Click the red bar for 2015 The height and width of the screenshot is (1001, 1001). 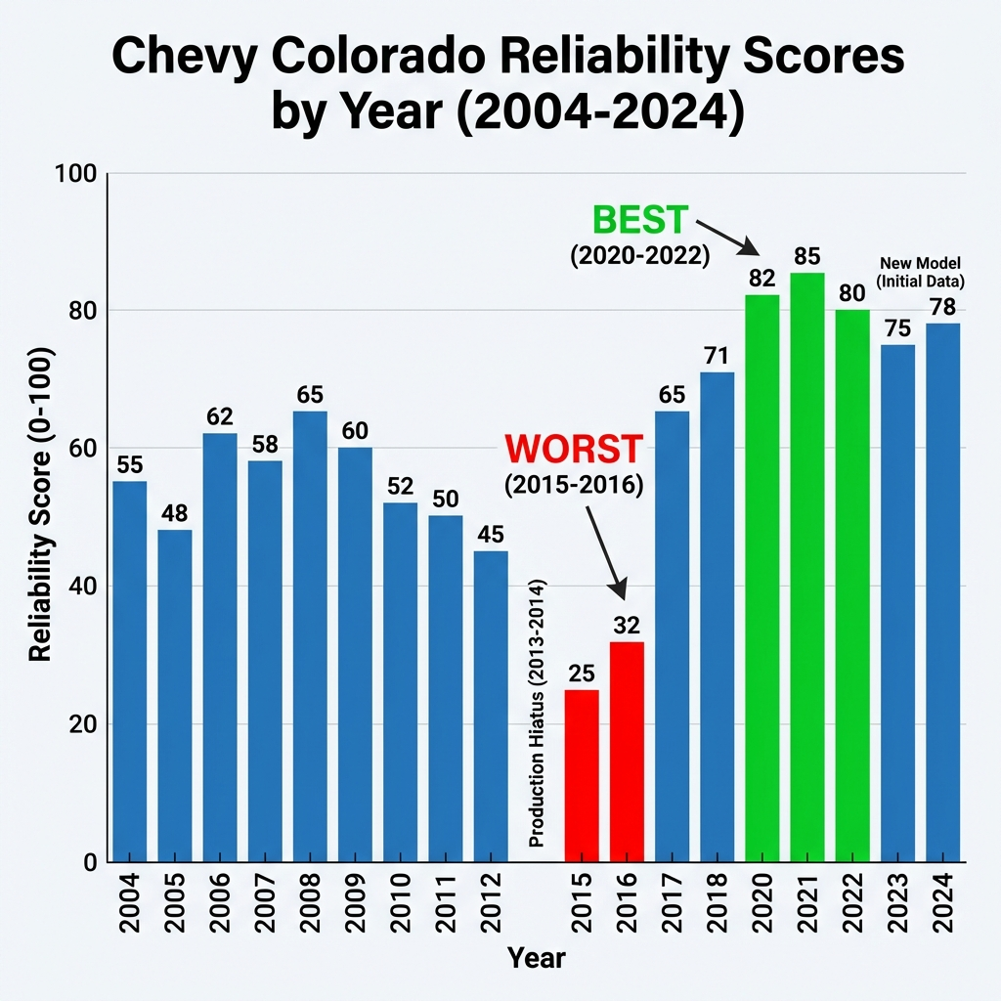coord(582,775)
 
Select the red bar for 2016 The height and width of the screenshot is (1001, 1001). coord(627,751)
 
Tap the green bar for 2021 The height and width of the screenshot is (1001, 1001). coord(807,567)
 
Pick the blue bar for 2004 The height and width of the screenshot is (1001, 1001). coord(130,671)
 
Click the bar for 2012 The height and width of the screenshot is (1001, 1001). coord(491,706)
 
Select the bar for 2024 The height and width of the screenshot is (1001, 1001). coord(943,592)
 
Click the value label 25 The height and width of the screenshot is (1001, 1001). coord(582,673)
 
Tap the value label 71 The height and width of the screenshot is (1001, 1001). coord(718,355)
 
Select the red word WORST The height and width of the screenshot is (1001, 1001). coord(575,450)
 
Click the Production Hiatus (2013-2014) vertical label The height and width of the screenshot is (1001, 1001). coord(537,714)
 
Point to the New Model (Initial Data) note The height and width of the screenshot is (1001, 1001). coord(921,272)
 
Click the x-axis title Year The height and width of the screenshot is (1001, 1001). coord(537,957)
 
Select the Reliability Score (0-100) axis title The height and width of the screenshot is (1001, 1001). coord(41,518)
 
